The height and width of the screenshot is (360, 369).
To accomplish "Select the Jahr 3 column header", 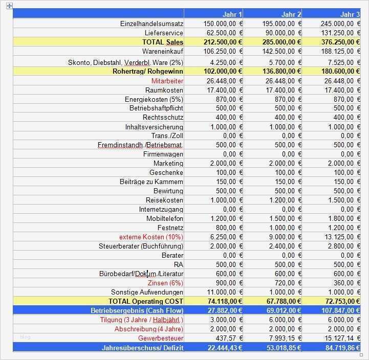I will click(350, 14).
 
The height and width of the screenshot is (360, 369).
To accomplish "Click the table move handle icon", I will click(9, 6).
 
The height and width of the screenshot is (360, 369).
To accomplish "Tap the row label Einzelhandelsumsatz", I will click(151, 24).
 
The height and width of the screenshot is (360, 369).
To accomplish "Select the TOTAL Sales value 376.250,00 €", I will click(335, 42).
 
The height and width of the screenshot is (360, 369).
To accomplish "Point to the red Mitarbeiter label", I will click(167, 81).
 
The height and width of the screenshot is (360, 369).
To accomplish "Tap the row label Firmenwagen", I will click(163, 154).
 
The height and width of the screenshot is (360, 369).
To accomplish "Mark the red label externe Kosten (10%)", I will click(151, 237).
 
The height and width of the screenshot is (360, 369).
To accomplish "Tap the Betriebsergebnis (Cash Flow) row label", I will click(137, 310).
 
